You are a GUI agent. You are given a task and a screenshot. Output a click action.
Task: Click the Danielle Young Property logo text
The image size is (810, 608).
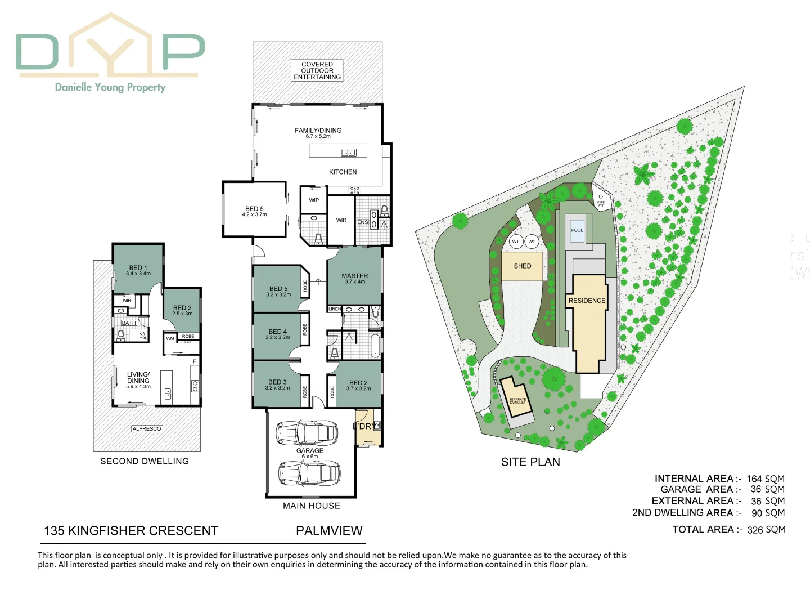pos(110,87)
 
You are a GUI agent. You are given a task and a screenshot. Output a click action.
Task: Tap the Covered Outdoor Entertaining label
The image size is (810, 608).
pos(317,71)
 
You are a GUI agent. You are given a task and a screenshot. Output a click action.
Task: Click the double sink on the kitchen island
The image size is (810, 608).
pos(349,153)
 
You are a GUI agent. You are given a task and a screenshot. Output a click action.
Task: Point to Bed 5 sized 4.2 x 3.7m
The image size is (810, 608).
pos(254,211)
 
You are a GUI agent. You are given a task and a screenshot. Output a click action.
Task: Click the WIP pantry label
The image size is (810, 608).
pos(314,200)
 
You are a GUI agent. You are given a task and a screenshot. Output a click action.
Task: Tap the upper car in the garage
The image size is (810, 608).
pos(307,432)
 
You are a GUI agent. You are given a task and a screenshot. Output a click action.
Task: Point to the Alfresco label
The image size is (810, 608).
pos(147,429)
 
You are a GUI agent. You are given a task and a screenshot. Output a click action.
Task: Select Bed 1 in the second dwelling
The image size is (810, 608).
pos(138,270)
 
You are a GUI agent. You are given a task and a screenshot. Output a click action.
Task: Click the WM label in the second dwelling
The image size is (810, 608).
pos(170,338)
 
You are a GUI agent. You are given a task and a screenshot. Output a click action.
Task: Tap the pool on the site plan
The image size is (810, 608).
pos(577,230)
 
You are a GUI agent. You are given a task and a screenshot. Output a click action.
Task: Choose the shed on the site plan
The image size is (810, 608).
pos(522,266)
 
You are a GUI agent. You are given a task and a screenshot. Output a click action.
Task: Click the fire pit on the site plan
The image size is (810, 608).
pos(601,200)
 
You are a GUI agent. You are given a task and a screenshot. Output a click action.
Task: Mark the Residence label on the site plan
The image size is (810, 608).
pos(587,301)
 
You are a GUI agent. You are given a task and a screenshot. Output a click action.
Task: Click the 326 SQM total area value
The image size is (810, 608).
pos(766,530)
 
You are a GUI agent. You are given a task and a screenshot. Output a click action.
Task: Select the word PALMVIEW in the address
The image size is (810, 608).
pos(329,531)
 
